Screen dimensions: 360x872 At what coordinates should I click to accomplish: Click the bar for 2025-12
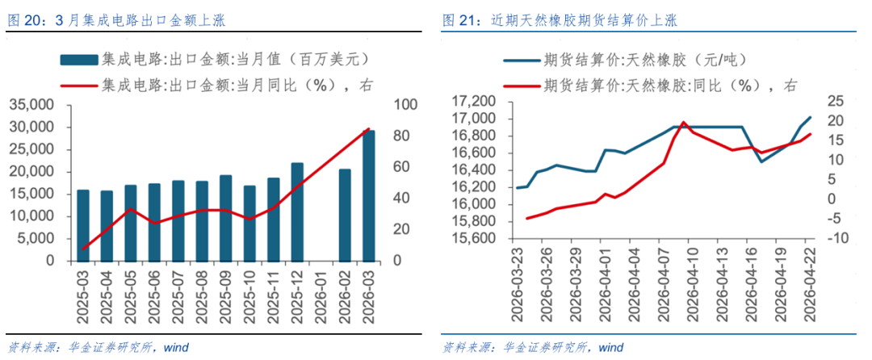tap(297, 212)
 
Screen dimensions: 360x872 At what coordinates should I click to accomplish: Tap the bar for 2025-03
tap(83, 225)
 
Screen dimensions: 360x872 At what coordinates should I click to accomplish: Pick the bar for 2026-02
tap(345, 216)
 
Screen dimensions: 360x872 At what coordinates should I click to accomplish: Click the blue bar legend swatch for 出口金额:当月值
tap(78, 60)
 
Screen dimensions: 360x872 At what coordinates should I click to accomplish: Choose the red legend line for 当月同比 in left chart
tap(78, 83)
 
